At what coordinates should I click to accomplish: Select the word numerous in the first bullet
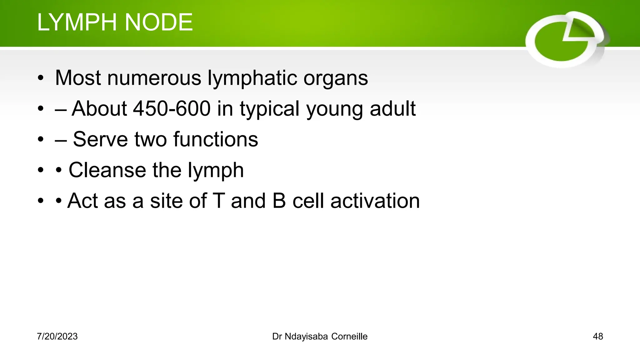154,78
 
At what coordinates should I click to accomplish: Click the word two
150,139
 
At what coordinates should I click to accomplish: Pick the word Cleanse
107,170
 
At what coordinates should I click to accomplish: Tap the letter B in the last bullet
279,201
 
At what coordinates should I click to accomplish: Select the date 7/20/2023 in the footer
57,337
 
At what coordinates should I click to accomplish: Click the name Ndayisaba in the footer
306,337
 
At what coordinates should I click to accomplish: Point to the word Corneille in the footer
349,337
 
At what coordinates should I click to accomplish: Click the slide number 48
597,337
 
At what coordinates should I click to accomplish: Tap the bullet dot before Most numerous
40,78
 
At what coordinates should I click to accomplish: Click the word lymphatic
252,78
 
